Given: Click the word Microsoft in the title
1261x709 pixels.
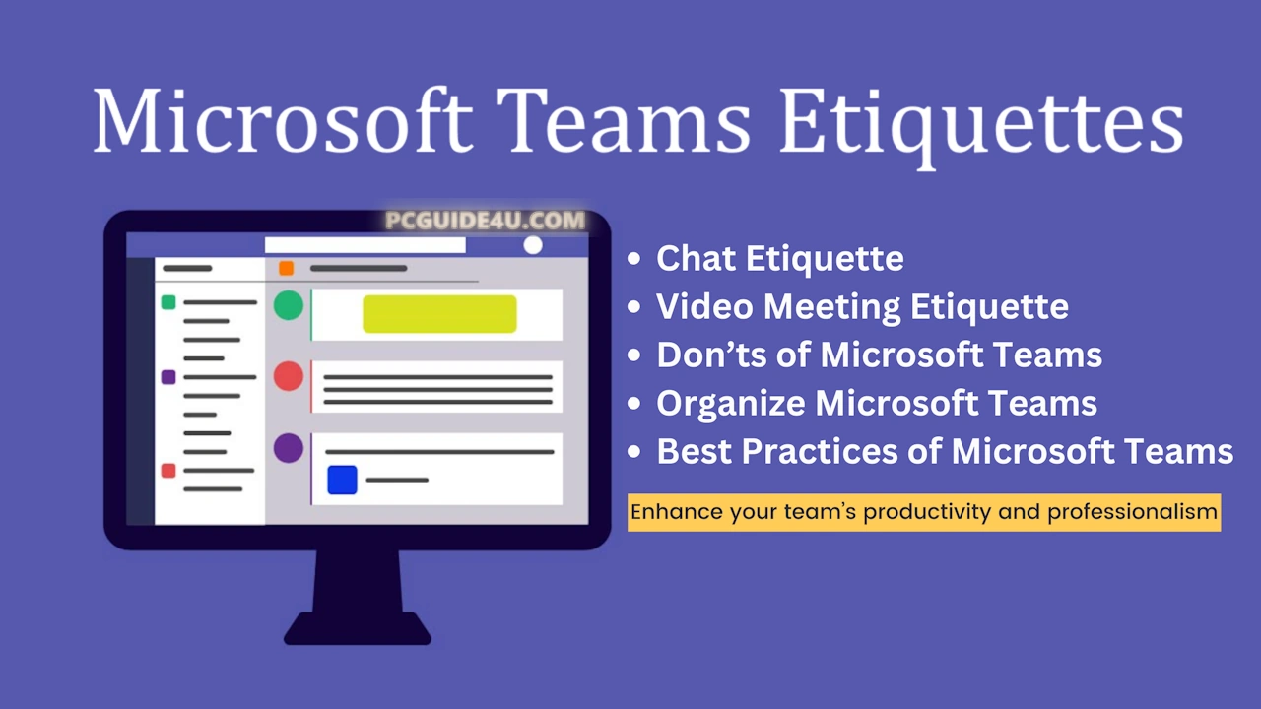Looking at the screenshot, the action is tap(283, 120).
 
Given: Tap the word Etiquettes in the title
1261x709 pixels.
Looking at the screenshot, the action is tap(981, 127).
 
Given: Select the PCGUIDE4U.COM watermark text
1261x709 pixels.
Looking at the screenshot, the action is tap(486, 220).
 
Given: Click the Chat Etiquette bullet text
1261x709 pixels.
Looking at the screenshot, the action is tap(780, 259).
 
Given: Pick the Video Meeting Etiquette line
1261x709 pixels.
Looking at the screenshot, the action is tap(862, 307).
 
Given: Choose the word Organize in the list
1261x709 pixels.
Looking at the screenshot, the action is tap(731, 404).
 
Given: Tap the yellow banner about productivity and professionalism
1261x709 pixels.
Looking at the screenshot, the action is tap(924, 512).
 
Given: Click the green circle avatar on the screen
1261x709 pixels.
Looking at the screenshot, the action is tap(289, 305).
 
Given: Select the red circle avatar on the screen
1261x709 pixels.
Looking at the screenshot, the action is tap(289, 376).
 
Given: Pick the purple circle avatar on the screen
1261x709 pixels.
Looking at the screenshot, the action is tap(289, 448).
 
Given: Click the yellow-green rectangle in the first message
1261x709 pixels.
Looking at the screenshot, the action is tap(439, 313).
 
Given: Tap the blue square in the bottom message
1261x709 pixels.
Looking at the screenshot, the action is tap(342, 480).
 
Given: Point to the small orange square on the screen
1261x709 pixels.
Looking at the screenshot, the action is tap(286, 269).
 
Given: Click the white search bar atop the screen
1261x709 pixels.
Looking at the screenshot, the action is tap(365, 245).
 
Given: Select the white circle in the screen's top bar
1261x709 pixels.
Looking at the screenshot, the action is tap(533, 245).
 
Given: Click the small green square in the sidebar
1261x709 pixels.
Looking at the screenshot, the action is tap(168, 302).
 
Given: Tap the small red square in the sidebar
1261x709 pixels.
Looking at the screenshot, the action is tap(168, 471).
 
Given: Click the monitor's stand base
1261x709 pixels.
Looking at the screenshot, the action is tap(358, 628).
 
